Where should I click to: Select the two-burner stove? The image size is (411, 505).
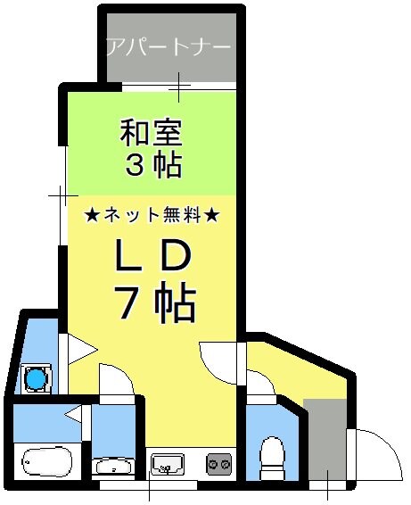[218, 464]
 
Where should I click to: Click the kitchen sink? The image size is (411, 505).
[168, 464]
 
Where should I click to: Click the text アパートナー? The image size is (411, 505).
[168, 46]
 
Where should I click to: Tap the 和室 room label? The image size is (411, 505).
[152, 135]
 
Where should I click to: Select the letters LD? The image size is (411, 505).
[152, 257]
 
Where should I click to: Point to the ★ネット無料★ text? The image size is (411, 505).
[152, 215]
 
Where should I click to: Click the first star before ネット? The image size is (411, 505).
[91, 215]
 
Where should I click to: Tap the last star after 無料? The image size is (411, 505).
[212, 215]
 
